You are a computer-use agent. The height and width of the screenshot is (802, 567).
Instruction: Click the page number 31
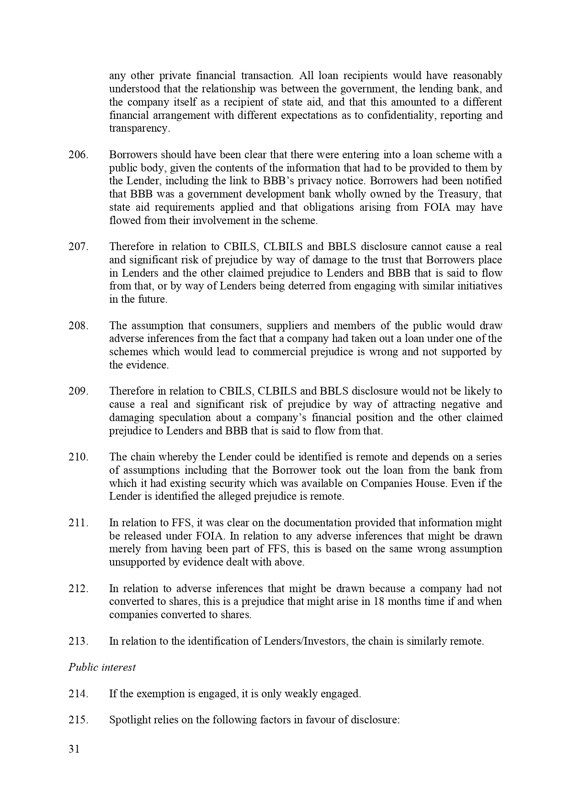74,749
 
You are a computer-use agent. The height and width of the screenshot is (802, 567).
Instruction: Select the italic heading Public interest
102,667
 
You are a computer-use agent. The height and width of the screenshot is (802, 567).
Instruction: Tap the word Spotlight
129,720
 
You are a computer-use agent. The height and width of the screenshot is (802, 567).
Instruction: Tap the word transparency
139,128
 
